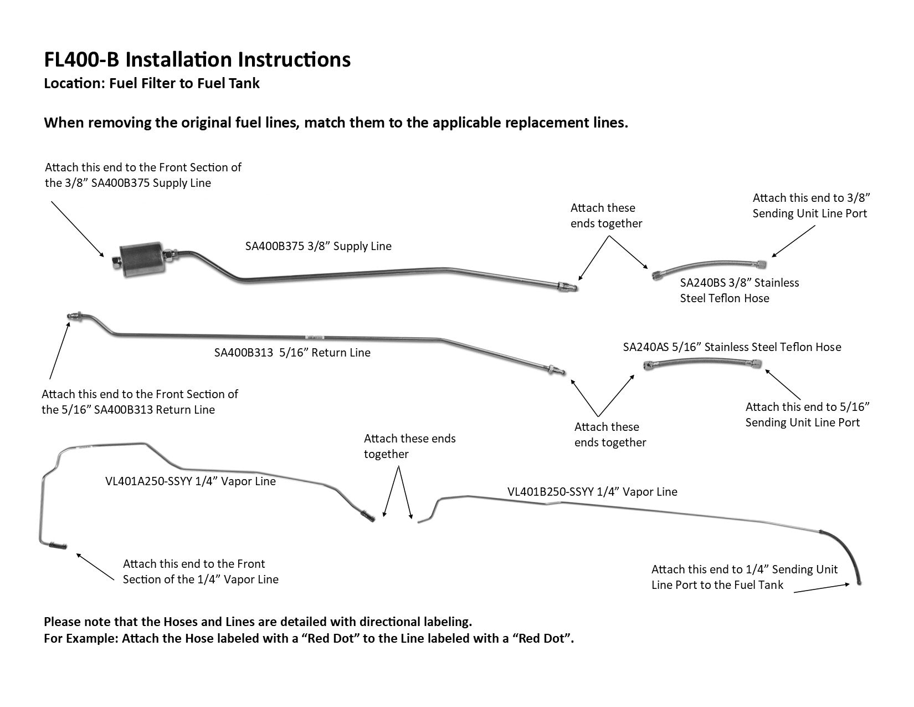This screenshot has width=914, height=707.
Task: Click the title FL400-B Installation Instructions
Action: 197,59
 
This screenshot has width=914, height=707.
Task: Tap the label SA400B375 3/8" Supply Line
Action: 318,246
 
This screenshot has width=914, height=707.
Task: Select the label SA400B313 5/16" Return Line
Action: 292,353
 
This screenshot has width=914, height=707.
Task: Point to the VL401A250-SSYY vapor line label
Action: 190,481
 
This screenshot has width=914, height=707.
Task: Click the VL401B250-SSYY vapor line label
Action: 592,492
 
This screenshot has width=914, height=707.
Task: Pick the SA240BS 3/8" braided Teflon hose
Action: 710,266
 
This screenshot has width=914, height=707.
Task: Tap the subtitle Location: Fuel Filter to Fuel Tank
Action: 152,84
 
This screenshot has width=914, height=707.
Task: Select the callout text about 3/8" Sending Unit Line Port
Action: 809,206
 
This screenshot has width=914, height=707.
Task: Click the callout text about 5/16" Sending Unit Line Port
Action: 807,415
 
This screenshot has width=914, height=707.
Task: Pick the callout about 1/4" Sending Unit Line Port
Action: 744,577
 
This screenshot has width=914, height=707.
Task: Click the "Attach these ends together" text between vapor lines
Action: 409,446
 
